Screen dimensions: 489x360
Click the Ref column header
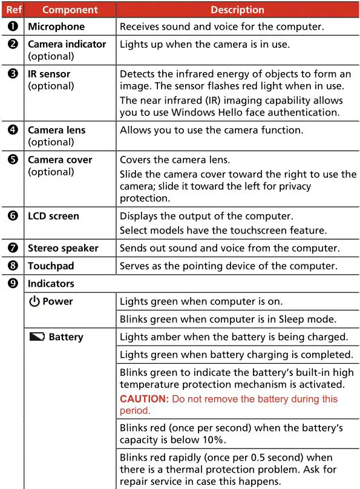point(12,10)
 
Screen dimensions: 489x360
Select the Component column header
point(70,10)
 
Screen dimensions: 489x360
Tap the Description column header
point(237,10)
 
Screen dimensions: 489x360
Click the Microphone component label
point(56,27)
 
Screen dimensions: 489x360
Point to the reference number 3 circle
point(13,74)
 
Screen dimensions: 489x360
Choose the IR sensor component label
point(49,74)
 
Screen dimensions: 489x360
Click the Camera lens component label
point(56,130)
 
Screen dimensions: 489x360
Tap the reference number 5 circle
point(13,160)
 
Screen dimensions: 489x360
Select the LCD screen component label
point(53,215)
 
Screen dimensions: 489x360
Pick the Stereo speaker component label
point(63,248)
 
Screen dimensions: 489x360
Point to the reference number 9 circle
point(13,283)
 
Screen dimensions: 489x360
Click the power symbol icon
point(34,301)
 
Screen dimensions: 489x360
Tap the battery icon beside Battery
point(36,337)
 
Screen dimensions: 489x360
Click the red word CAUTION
point(144,399)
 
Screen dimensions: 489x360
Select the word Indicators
point(51,283)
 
